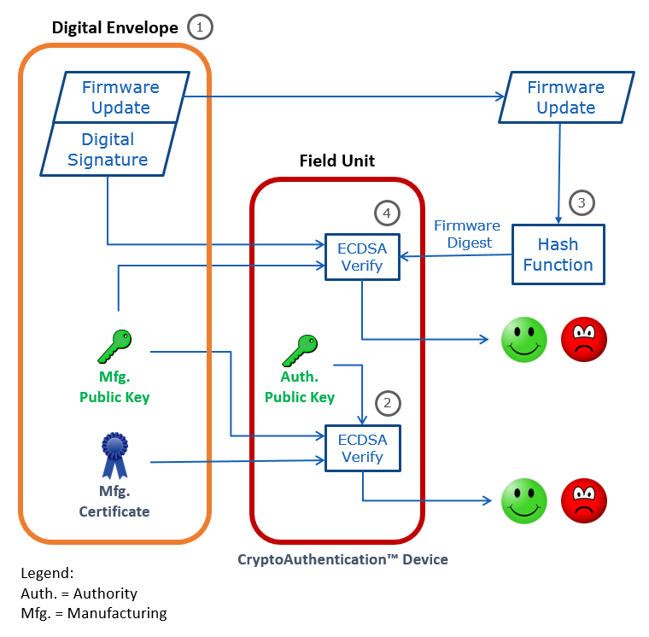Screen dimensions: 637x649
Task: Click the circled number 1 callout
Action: point(200,27)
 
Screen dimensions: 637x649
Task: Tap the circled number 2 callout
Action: point(388,402)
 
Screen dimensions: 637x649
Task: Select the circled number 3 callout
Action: point(582,202)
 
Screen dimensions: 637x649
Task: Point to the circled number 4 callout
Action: point(388,212)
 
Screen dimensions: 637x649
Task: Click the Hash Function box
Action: point(558,254)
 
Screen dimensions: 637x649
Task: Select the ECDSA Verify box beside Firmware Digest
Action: point(363,255)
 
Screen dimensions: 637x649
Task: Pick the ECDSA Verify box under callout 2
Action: point(363,448)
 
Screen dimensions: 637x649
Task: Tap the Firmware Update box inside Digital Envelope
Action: point(120,97)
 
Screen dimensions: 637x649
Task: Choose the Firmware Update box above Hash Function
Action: point(565,97)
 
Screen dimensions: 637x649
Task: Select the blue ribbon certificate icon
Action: point(114,455)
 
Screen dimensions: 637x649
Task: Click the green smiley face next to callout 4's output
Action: point(523,339)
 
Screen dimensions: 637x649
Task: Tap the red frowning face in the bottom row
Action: point(584,500)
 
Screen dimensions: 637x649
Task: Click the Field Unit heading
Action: point(336,161)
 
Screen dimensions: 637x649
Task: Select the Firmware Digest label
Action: point(466,234)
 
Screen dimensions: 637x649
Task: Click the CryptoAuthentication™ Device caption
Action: point(342,559)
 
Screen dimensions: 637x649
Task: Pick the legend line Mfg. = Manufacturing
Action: point(94,613)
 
